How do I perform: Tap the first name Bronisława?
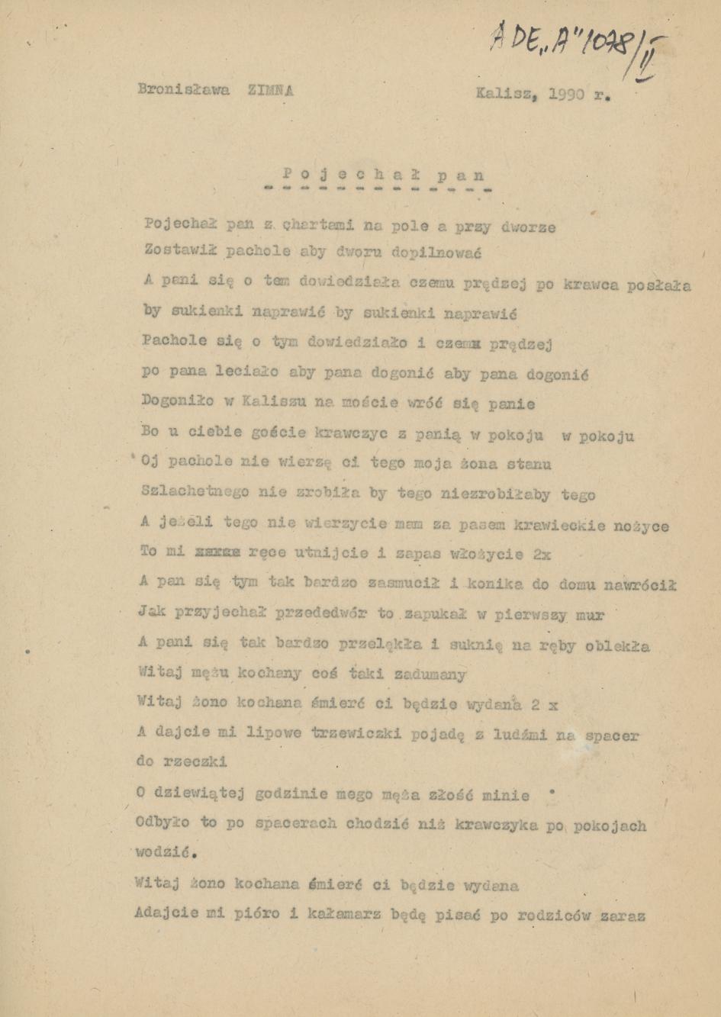(184, 89)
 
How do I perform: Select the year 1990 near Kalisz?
(566, 95)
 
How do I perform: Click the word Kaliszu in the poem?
(278, 402)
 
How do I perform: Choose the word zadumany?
(430, 674)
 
